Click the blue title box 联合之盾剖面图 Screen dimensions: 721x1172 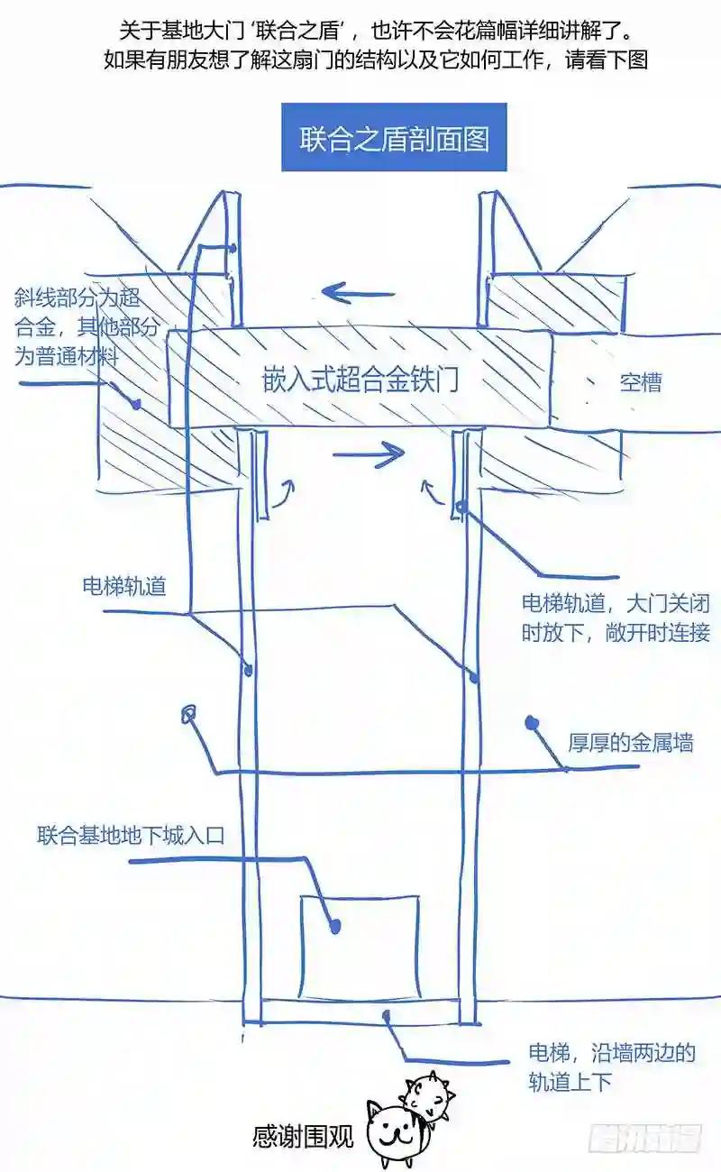[394, 137]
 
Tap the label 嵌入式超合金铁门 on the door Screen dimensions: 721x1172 [360, 380]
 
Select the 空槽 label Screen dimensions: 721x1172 [641, 382]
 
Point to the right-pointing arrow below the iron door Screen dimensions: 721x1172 [369, 453]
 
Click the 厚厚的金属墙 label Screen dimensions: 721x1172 [631, 743]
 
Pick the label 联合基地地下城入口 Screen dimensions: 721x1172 [131, 835]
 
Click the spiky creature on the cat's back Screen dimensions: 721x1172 [427, 1091]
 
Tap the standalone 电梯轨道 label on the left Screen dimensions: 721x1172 [124, 586]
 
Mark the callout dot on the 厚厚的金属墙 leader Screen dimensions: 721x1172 [532, 722]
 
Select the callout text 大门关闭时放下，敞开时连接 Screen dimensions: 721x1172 [616, 618]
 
